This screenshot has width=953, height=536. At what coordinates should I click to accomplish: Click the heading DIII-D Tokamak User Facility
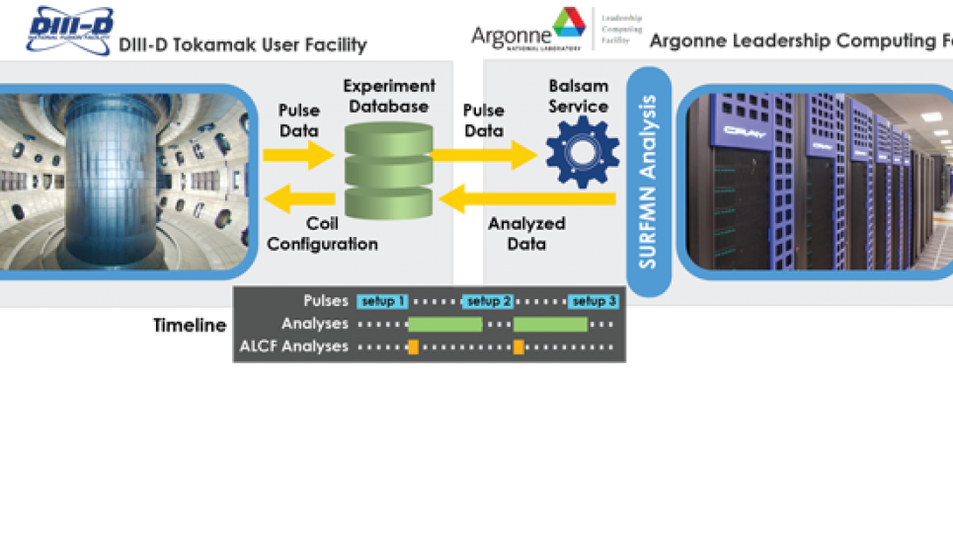(x=243, y=44)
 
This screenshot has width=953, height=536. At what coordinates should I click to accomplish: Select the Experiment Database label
(x=388, y=97)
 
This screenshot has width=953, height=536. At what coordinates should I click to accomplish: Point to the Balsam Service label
(x=579, y=97)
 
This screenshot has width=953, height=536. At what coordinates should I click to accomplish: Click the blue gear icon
(x=583, y=152)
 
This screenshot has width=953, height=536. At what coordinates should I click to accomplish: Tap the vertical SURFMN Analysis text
(x=648, y=183)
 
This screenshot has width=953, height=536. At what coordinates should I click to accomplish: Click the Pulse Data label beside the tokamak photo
(x=299, y=120)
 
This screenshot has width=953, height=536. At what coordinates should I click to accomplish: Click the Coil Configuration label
(x=322, y=234)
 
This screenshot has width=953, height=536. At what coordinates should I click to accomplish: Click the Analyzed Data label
(x=526, y=233)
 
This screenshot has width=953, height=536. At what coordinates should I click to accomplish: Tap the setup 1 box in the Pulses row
(x=382, y=301)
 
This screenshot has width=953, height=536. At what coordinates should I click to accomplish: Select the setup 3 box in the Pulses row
(x=595, y=301)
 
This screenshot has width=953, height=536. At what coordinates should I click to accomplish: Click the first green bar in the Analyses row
(x=444, y=324)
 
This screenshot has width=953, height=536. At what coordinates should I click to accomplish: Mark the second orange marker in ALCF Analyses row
(x=518, y=346)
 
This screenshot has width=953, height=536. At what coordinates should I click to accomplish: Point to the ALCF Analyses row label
(x=293, y=346)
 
